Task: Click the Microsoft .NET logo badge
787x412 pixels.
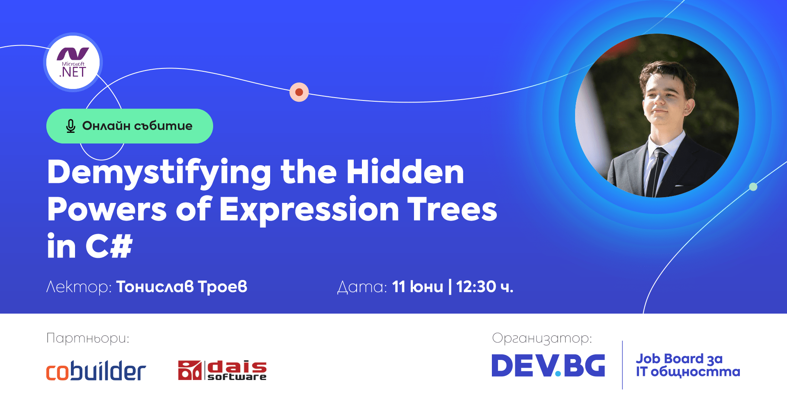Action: pyautogui.click(x=73, y=63)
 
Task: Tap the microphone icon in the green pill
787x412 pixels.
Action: pyautogui.click(x=71, y=126)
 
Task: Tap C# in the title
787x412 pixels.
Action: pyautogui.click(x=109, y=246)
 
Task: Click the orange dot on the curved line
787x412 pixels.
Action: pyautogui.click(x=299, y=92)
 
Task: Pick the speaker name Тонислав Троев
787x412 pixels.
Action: pyautogui.click(x=182, y=287)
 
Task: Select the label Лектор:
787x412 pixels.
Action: pyautogui.click(x=79, y=287)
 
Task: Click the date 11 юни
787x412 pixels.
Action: pyautogui.click(x=417, y=287)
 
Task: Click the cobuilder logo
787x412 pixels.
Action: pyautogui.click(x=96, y=371)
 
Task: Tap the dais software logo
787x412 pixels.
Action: pyautogui.click(x=222, y=370)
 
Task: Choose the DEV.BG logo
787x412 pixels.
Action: pyautogui.click(x=548, y=366)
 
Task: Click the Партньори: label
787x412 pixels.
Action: pyautogui.click(x=88, y=338)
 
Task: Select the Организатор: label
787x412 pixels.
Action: pyautogui.click(x=542, y=338)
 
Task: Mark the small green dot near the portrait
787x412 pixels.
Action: pyautogui.click(x=753, y=187)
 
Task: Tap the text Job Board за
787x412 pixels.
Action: pyautogui.click(x=679, y=359)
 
